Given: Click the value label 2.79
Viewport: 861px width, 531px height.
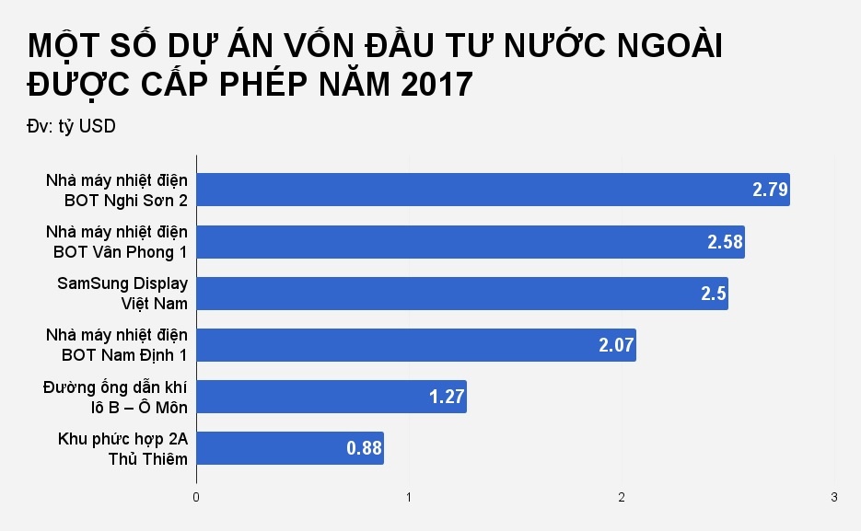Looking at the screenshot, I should tap(770, 190).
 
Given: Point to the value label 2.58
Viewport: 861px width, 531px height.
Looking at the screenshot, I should tap(725, 242).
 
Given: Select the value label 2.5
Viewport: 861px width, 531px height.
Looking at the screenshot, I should tap(714, 294).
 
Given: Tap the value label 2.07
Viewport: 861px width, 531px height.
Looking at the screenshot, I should tap(616, 345).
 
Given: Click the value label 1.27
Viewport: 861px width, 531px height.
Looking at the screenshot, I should tap(447, 397).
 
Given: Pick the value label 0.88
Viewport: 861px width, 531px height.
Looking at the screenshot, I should tap(364, 448).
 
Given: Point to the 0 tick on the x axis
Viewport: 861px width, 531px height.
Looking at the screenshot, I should tap(196, 498).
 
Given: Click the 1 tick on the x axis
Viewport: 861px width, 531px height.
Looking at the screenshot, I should tap(409, 498).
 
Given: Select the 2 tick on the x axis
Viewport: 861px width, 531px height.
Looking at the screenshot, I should tap(622, 498).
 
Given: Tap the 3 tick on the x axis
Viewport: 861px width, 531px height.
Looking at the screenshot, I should tap(834, 498).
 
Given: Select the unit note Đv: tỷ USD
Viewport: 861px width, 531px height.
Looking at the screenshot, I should tap(72, 127).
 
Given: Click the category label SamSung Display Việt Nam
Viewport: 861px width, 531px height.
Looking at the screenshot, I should tap(122, 293).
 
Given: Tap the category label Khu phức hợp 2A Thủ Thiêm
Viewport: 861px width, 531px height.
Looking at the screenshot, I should tap(122, 448).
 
